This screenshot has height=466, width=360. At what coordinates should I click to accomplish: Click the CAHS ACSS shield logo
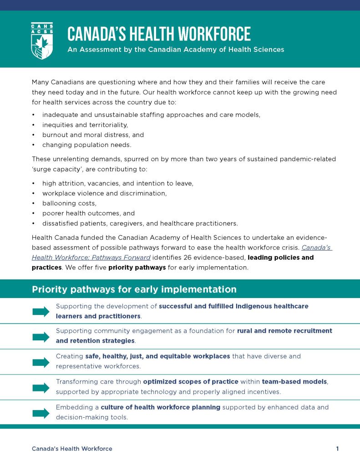[x=42, y=41]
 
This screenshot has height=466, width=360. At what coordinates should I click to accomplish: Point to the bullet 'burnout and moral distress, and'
[x=93, y=135]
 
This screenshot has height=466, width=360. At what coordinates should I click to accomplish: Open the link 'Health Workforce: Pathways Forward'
[x=91, y=258]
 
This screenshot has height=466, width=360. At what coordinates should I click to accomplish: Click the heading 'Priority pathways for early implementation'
[x=134, y=289]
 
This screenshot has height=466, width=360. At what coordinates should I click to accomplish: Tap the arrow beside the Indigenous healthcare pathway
[x=41, y=311]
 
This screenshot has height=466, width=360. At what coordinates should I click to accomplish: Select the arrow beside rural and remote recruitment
[x=41, y=337]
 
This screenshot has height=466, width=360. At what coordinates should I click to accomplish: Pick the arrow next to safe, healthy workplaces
[x=41, y=362]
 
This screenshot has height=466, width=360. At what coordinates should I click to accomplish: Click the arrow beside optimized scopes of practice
[x=41, y=388]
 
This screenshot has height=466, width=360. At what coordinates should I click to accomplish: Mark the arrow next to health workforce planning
[x=41, y=413]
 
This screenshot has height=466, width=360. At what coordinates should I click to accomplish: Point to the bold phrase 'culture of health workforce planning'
[x=161, y=407]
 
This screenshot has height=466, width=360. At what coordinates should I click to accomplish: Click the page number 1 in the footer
[x=337, y=449]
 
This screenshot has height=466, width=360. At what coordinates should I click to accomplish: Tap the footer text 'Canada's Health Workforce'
[x=72, y=449]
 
